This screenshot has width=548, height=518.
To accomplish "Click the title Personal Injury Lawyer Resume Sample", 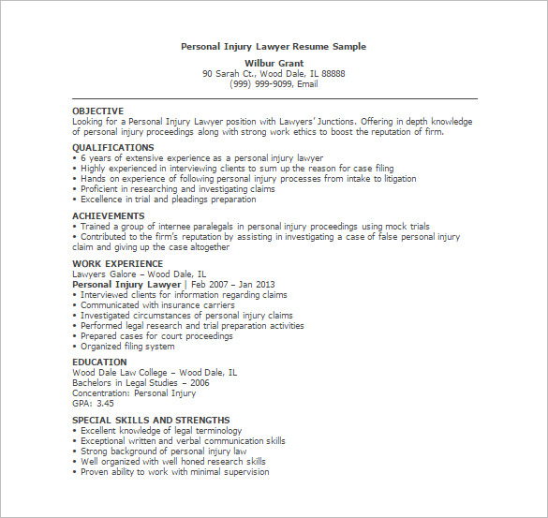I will pyautogui.click(x=273, y=46).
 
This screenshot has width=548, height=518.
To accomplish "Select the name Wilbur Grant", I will pyautogui.click(x=274, y=62).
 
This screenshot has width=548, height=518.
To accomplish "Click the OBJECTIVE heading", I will pyautogui.click(x=97, y=111).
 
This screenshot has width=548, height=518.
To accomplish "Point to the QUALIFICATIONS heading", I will pyautogui.click(x=112, y=147).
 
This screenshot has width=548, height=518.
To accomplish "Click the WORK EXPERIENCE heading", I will pyautogui.click(x=117, y=263).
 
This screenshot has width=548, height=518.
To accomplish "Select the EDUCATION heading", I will pyautogui.click(x=99, y=362).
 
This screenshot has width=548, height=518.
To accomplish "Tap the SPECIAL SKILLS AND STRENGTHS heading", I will pyautogui.click(x=151, y=420).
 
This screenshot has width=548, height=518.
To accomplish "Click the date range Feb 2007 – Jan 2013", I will pyautogui.click(x=230, y=284).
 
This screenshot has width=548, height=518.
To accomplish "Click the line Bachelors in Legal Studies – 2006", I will pyautogui.click(x=141, y=382).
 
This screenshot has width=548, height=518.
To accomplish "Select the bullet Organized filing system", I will pyautogui.click(x=127, y=347).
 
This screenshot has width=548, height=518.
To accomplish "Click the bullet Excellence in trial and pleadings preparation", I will pyautogui.click(x=168, y=199).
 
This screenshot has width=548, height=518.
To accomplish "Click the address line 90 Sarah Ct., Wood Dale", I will pyautogui.click(x=274, y=73).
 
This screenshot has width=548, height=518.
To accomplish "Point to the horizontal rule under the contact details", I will pyautogui.click(x=274, y=97).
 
